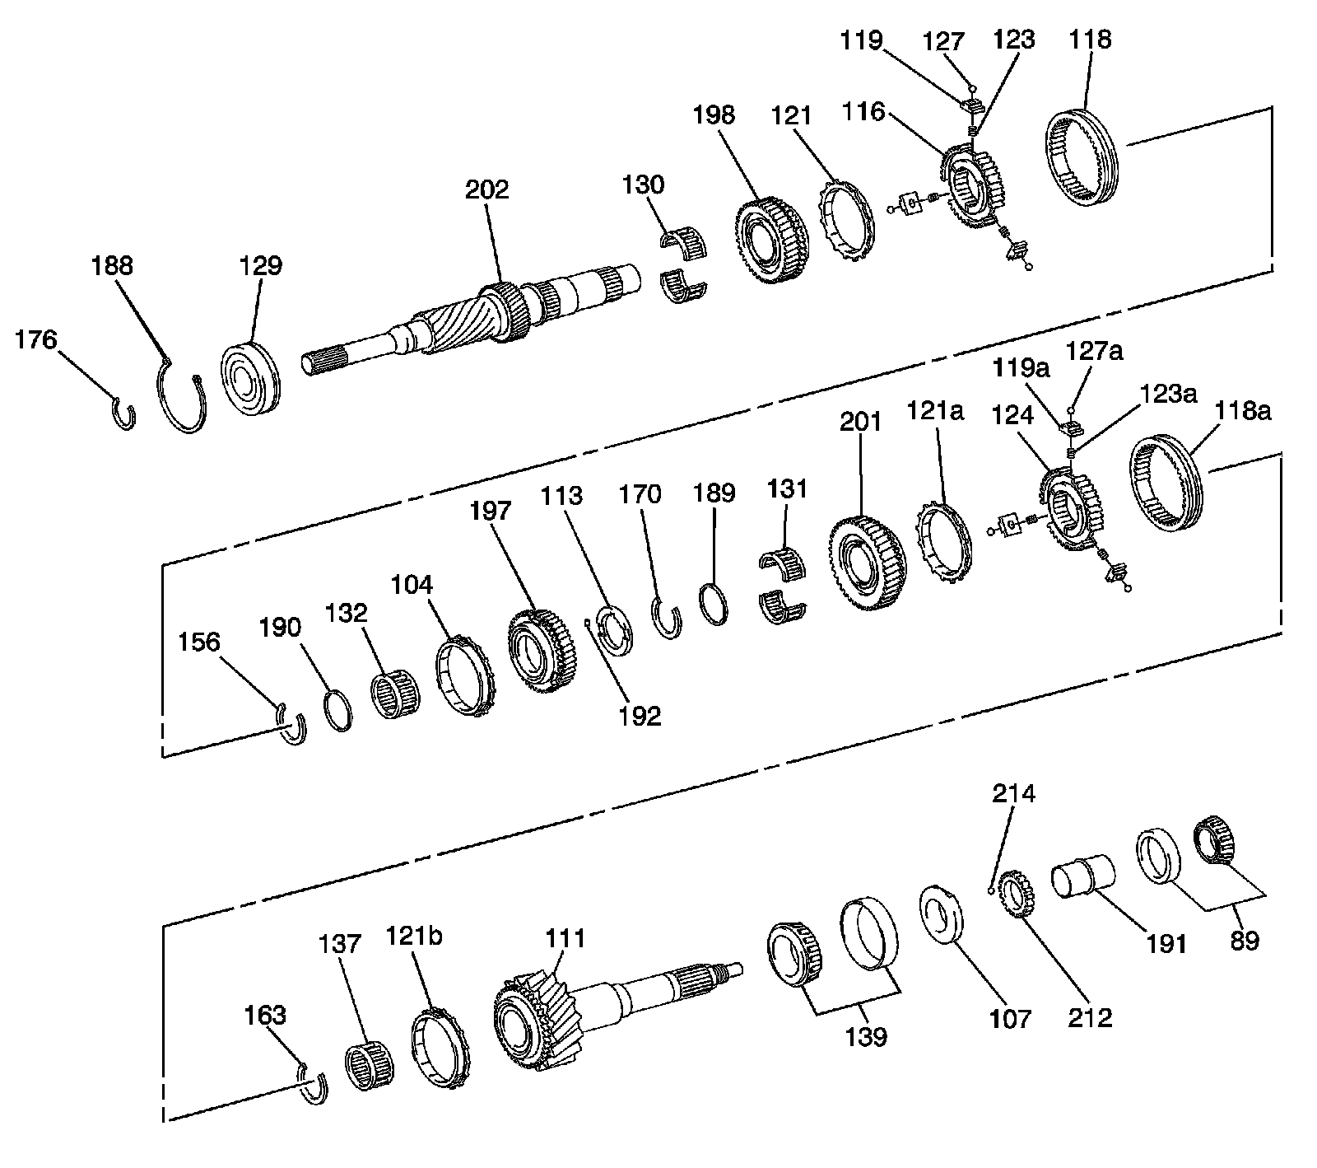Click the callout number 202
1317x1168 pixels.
(x=486, y=190)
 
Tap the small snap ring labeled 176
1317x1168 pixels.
(x=123, y=412)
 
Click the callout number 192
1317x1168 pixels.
(x=640, y=716)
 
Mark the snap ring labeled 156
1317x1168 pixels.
(x=292, y=725)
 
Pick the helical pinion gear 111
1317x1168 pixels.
(x=539, y=1021)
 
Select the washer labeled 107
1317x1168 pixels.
(x=941, y=912)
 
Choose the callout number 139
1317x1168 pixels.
(x=866, y=1035)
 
